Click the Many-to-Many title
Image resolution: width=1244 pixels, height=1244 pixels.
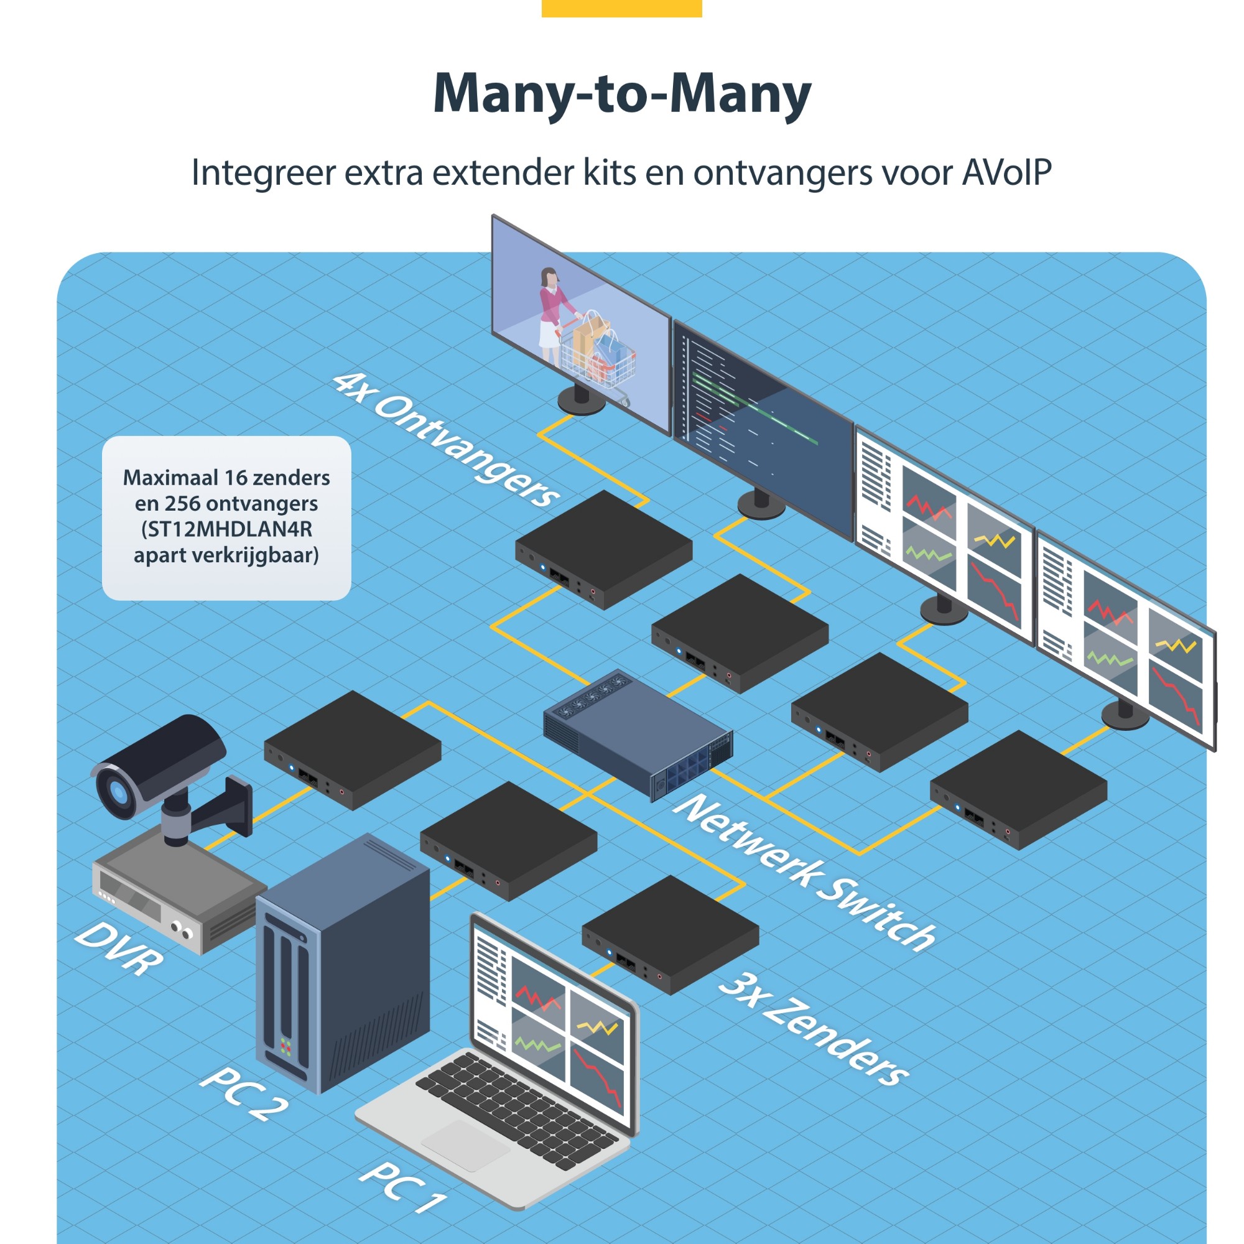[x=621, y=94]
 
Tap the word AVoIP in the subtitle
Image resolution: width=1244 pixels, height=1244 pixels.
[x=1006, y=172]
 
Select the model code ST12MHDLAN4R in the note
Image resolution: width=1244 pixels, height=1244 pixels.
[x=226, y=529]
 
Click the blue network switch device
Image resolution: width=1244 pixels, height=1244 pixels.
[x=638, y=734]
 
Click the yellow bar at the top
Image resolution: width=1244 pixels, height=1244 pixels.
[x=621, y=7]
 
